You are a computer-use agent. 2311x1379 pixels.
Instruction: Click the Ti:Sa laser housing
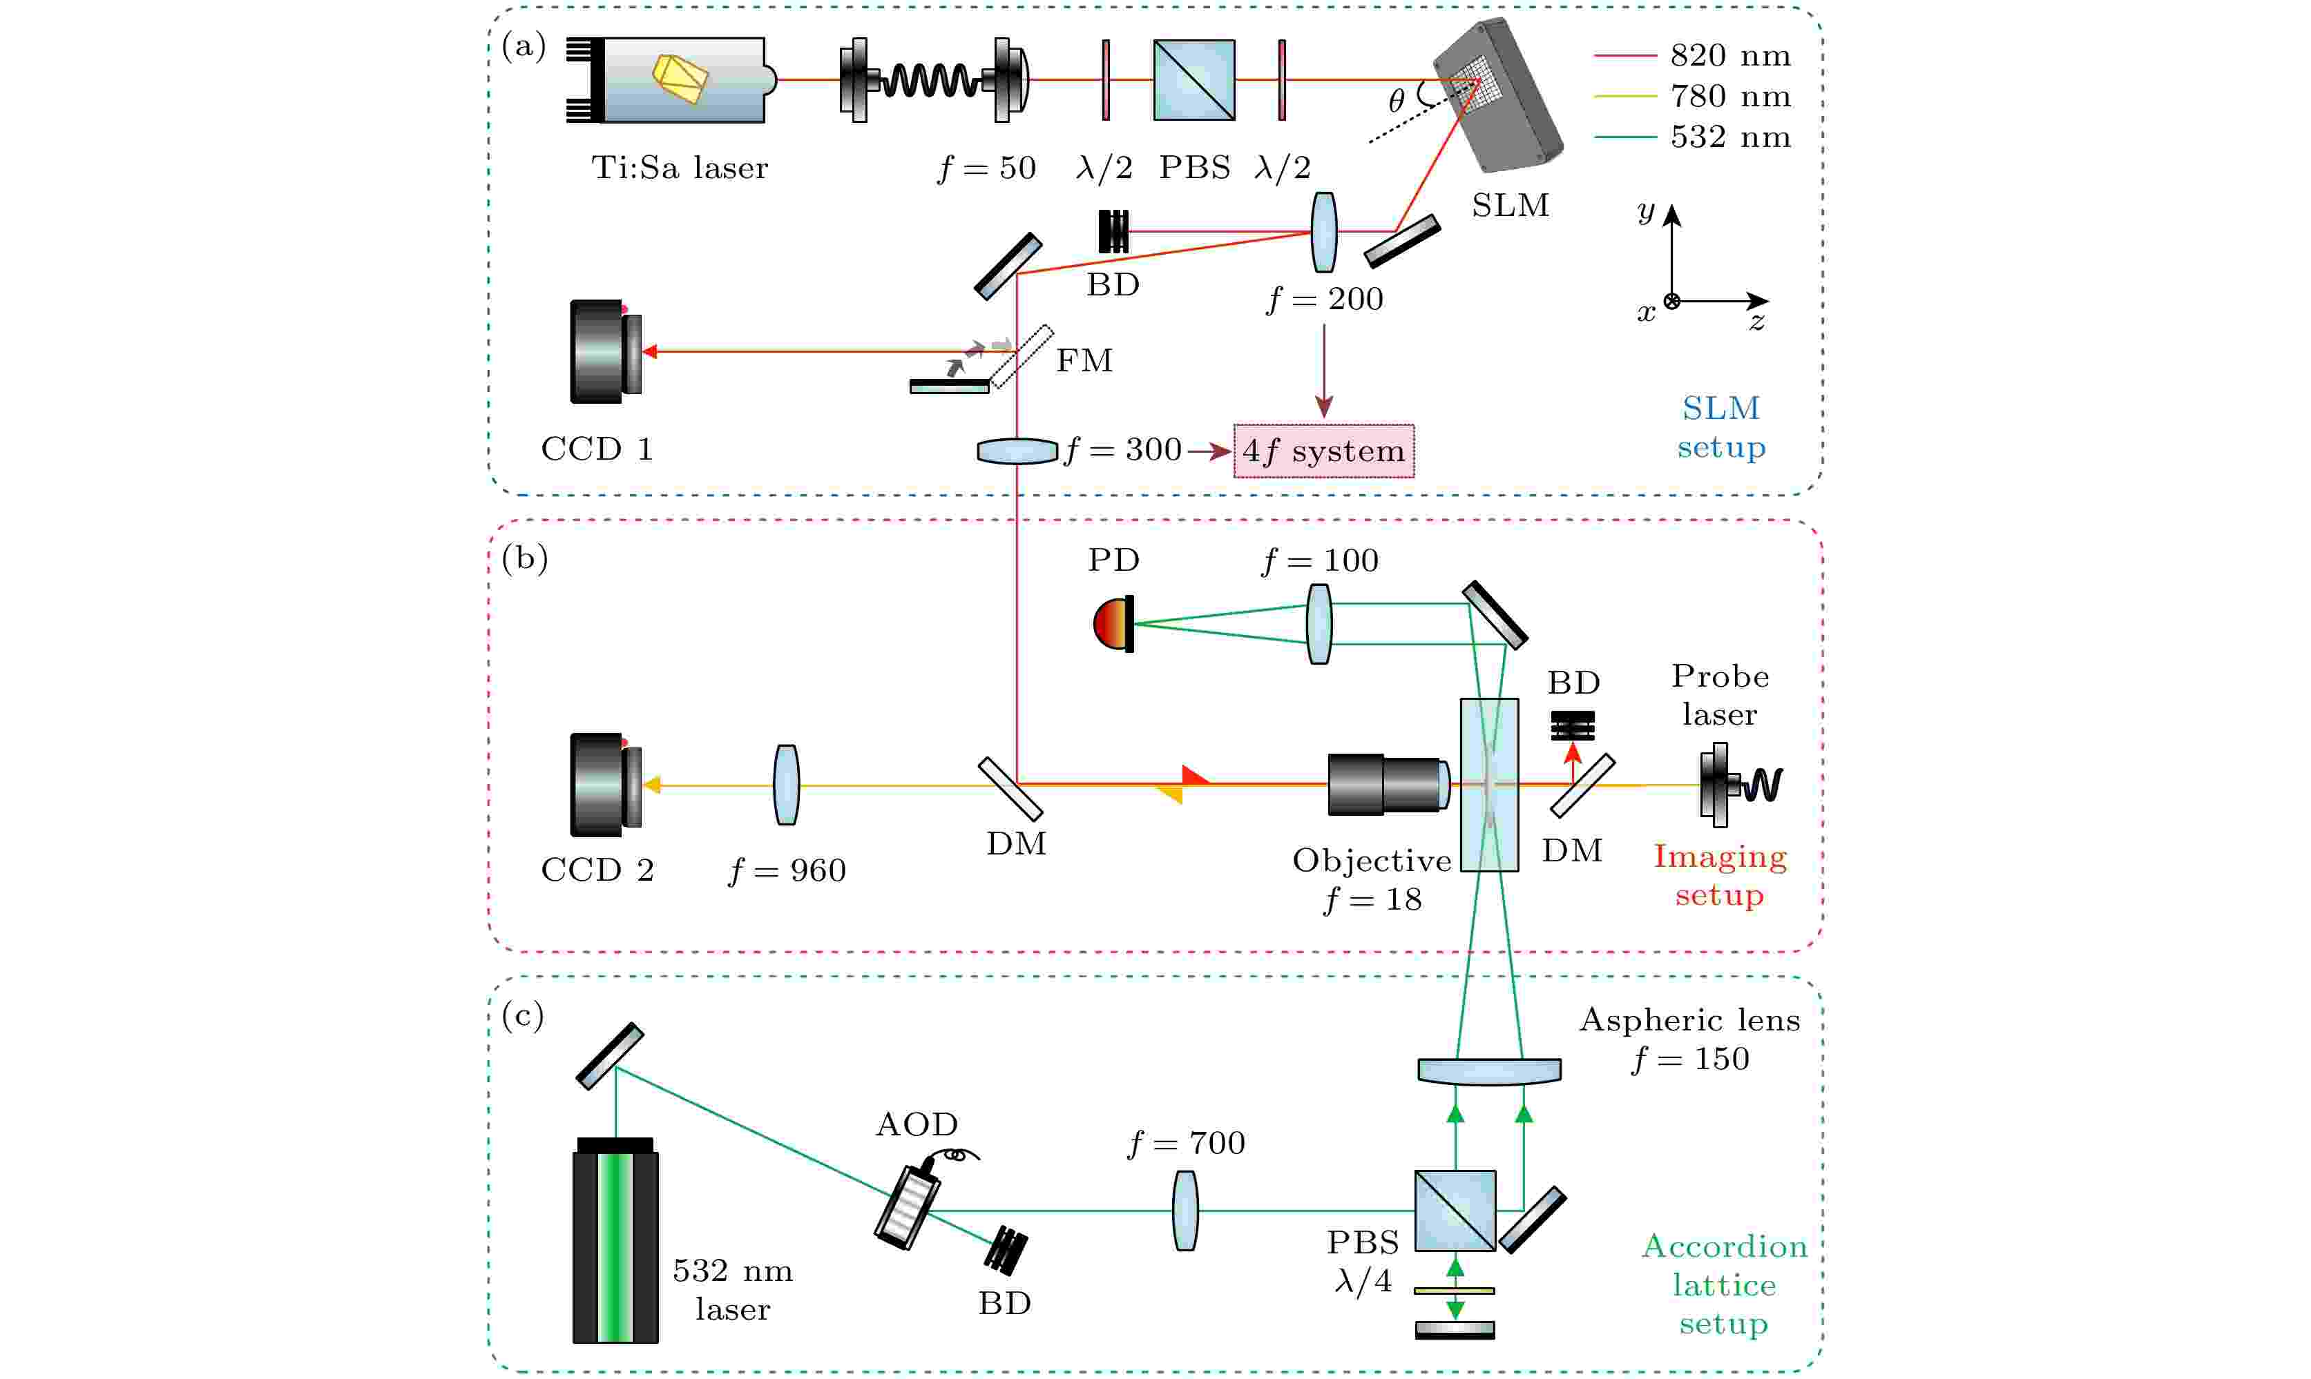coord(683,80)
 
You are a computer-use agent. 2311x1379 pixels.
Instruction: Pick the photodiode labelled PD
coord(1113,623)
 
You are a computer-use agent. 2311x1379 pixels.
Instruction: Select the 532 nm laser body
coord(615,1245)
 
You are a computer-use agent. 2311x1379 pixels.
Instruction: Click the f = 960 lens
coord(787,785)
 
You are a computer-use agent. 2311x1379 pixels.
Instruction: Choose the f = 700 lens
coord(1185,1211)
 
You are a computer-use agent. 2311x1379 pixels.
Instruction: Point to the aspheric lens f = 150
coord(1489,1070)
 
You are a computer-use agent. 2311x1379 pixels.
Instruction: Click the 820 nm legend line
coord(1625,56)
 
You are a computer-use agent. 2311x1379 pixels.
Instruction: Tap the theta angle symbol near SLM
coord(1397,100)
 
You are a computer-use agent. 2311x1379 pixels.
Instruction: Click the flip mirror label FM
coord(1084,360)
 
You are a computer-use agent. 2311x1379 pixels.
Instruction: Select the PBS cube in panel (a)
coord(1195,80)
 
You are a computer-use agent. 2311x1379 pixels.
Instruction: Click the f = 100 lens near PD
coord(1319,623)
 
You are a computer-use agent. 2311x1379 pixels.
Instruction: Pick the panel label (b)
coord(524,558)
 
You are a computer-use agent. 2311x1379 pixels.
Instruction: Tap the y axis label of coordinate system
coord(1647,212)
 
